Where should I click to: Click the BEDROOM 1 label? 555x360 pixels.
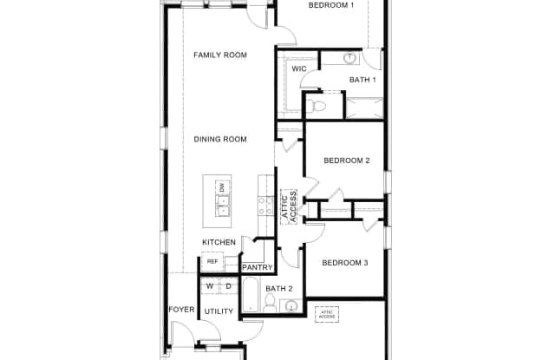(331, 5)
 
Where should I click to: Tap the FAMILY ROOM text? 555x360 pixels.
(219, 55)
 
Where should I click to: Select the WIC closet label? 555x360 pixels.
(299, 68)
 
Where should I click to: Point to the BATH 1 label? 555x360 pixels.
(362, 80)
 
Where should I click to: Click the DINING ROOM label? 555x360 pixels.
(219, 139)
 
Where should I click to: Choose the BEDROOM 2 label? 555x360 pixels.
(347, 160)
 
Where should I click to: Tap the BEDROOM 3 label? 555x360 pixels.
(345, 263)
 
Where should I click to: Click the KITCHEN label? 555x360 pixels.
(219, 242)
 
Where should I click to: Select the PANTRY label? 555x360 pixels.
(258, 267)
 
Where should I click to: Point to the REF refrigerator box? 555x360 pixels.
(212, 260)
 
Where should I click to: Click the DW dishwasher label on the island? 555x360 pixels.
(223, 187)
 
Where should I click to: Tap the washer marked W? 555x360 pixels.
(209, 286)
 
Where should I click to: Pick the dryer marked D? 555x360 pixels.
(228, 286)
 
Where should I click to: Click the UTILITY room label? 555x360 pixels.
(218, 311)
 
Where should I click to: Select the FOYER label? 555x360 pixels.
(180, 309)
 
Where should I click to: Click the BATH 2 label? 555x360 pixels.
(279, 288)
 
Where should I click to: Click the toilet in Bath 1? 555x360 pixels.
(317, 107)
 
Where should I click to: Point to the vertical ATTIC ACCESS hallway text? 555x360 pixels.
(289, 206)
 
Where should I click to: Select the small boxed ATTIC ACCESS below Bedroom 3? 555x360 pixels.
(327, 314)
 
